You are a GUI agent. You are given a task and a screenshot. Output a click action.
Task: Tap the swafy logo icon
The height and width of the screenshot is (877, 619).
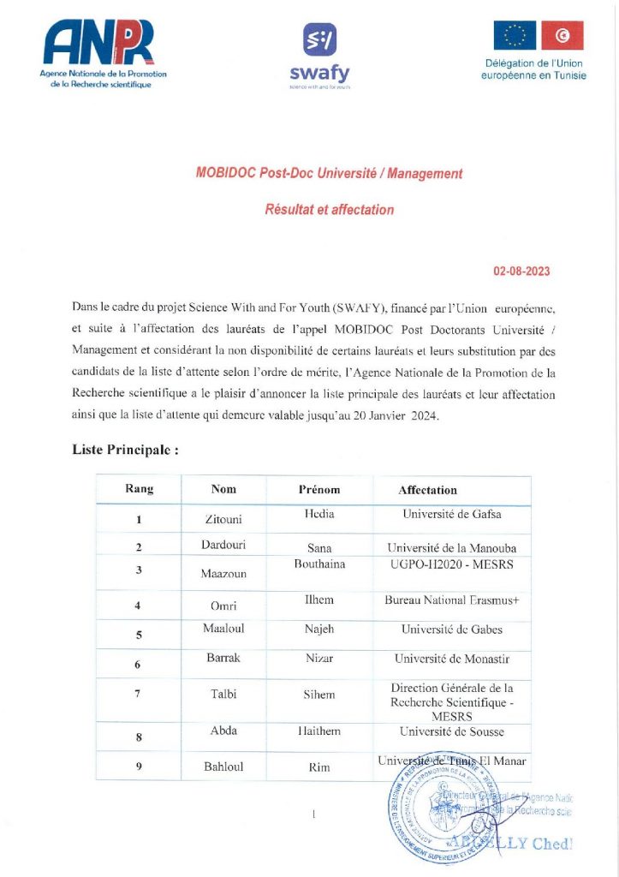[x=320, y=39]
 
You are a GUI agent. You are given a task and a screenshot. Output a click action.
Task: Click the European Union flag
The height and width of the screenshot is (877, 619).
[x=514, y=35]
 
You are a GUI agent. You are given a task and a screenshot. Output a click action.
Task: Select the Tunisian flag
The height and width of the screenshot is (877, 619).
[x=562, y=35]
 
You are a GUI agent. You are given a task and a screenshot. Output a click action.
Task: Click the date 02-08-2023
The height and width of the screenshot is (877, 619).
[x=521, y=271]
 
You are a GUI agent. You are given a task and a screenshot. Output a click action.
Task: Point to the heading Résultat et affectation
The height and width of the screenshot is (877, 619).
[x=330, y=209]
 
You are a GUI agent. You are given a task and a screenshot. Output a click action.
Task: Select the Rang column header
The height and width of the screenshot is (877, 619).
[x=140, y=489]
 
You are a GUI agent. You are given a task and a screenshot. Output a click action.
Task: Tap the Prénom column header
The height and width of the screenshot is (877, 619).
[x=319, y=490]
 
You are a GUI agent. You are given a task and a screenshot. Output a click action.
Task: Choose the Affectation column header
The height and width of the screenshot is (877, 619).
[x=427, y=490]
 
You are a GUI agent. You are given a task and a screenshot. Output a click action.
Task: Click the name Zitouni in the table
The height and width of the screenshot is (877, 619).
[x=223, y=519]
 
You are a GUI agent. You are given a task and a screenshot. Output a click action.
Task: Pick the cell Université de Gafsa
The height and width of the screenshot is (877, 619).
[x=452, y=515]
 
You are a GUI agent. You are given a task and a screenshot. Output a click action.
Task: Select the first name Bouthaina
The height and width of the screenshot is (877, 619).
[x=319, y=564]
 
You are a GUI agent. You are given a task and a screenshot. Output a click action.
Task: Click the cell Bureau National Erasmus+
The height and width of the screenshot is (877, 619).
[x=452, y=600]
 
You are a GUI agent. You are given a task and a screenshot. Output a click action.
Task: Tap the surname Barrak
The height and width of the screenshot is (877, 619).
[x=223, y=659]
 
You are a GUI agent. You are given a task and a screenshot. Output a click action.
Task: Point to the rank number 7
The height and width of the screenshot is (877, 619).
[x=138, y=694]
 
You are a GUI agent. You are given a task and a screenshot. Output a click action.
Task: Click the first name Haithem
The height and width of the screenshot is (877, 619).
[x=319, y=731]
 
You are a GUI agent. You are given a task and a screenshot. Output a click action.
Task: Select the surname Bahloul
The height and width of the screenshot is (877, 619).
[x=223, y=767]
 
